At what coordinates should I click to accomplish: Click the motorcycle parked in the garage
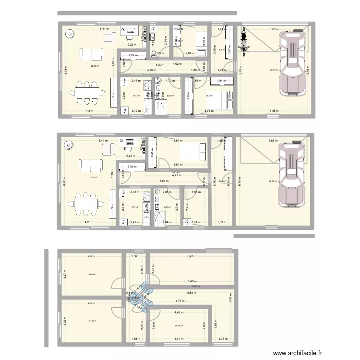(243, 42)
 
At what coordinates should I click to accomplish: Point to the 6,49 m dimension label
(191, 281)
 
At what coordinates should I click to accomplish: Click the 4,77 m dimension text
(179, 301)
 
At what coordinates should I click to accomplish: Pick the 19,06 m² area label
(91, 275)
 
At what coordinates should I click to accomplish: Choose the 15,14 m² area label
(91, 321)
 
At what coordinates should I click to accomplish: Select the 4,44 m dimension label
(179, 339)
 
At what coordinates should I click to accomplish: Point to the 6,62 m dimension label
(230, 298)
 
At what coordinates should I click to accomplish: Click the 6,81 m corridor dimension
(164, 181)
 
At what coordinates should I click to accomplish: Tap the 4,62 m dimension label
(176, 63)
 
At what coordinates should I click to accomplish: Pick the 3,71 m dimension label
(209, 111)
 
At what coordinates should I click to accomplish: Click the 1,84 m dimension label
(221, 81)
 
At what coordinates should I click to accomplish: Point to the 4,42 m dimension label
(177, 29)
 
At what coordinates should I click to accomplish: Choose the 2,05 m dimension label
(167, 192)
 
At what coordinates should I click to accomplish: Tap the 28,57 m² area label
(196, 287)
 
